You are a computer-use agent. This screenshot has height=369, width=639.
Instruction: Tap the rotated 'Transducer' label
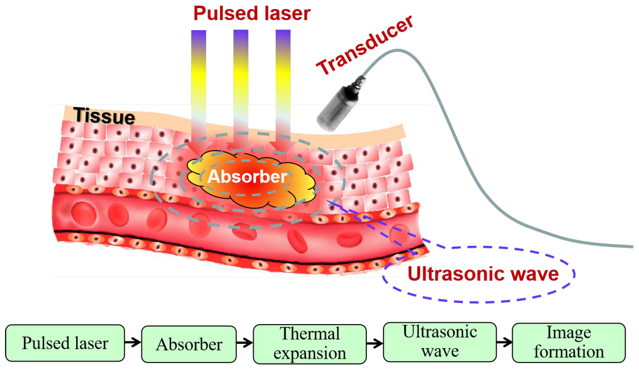[364, 46]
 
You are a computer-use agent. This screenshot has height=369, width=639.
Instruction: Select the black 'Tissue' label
[104, 116]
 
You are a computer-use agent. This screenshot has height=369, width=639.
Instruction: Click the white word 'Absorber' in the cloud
[247, 176]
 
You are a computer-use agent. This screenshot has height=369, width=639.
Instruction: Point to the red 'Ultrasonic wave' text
[483, 274]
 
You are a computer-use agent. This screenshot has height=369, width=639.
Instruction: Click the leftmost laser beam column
[199, 84]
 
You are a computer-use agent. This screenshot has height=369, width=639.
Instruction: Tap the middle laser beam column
[241, 84]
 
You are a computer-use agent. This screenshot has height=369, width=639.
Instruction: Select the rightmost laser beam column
[283, 84]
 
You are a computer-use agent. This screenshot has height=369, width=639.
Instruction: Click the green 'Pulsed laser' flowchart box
[65, 343]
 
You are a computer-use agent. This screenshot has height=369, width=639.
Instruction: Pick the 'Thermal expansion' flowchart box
[310, 344]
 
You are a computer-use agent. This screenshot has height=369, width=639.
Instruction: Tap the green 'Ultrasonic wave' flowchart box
[440, 342]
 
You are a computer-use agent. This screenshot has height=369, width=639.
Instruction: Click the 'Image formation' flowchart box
[569, 343]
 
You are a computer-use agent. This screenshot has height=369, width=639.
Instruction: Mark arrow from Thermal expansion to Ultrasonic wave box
[375, 343]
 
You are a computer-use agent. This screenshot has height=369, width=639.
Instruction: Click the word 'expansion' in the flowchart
[310, 353]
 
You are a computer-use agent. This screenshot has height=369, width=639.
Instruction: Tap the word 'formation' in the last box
[569, 352]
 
